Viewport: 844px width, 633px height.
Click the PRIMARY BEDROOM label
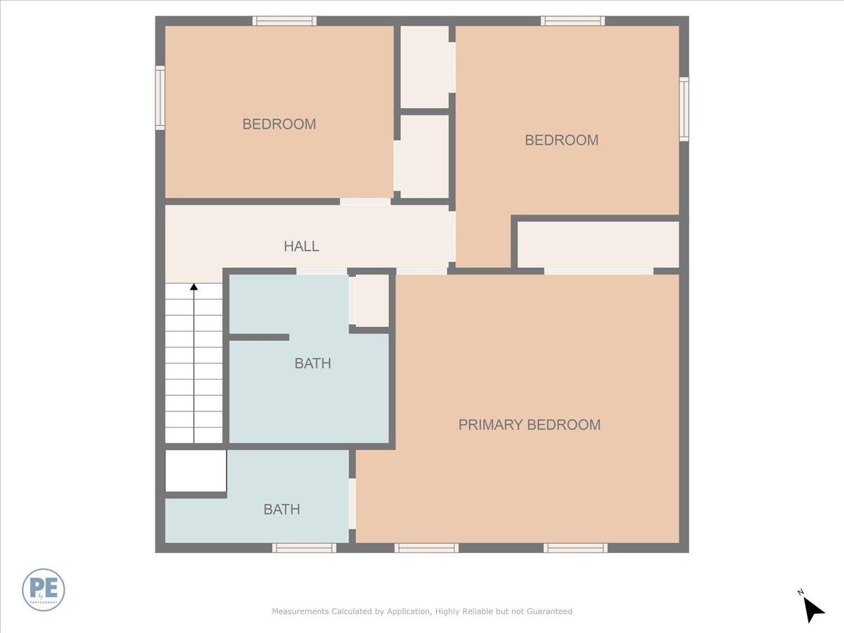click(529, 425)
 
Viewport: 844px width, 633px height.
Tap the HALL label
click(301, 246)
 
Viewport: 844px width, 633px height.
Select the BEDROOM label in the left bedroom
click(279, 124)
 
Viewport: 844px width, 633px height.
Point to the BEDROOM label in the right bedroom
click(561, 140)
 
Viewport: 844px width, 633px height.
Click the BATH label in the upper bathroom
click(312, 364)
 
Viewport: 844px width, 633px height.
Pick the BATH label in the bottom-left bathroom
click(281, 509)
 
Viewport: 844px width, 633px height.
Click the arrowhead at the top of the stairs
click(193, 287)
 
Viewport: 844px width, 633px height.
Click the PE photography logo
click(44, 589)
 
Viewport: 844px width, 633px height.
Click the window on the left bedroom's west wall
click(160, 98)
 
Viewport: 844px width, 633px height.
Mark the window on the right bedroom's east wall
click(684, 109)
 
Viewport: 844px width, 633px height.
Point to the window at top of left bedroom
click(284, 21)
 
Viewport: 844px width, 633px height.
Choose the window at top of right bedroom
click(573, 21)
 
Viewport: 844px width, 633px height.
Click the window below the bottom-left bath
click(304, 548)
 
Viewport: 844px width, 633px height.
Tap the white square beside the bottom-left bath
click(196, 471)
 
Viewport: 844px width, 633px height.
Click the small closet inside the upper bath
click(372, 300)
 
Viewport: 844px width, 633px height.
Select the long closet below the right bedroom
click(599, 244)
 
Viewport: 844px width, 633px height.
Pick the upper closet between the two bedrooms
click(424, 67)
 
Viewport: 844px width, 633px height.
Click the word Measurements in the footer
click(300, 612)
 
